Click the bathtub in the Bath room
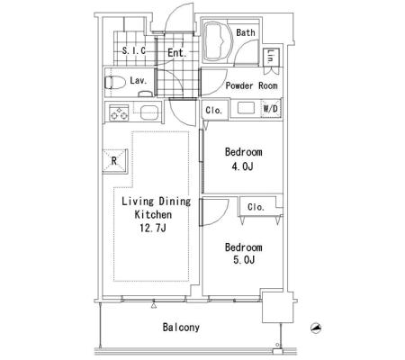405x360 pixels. [218, 41]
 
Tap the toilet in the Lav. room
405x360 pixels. [115, 82]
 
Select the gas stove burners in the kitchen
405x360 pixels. [119, 112]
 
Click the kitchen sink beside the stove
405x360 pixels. [149, 112]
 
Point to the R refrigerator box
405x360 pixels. [115, 161]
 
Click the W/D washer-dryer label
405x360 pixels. [270, 108]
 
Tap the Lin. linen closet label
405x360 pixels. [270, 57]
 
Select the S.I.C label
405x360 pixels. [134, 50]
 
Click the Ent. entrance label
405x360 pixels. [176, 53]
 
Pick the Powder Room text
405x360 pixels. [251, 85]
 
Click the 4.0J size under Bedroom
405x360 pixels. [242, 166]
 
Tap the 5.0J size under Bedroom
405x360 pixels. [244, 260]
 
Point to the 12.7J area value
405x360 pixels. [153, 229]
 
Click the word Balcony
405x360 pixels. [181, 327]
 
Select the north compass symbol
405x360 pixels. [316, 328]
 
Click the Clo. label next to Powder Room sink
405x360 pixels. [214, 111]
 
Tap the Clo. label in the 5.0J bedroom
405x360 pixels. [256, 207]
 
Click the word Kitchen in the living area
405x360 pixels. [153, 215]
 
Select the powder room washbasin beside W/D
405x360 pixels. [246, 108]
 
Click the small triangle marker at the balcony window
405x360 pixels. [154, 306]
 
